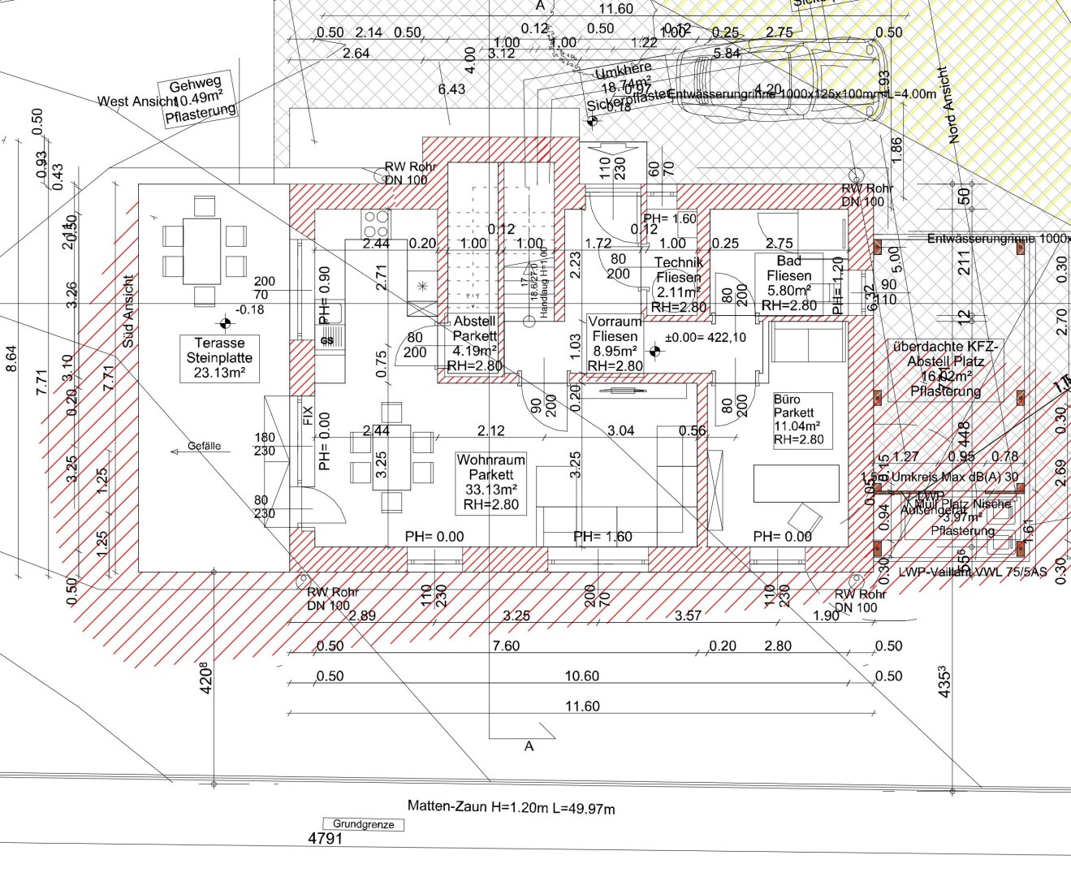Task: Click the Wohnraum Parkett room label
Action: [x=490, y=482]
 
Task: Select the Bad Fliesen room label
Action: [x=788, y=283]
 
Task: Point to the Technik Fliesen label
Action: [x=679, y=284]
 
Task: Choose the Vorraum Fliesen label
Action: [x=615, y=343]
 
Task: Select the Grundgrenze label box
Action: [x=363, y=824]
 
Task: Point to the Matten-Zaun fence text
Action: [x=511, y=807]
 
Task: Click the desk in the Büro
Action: [x=796, y=483]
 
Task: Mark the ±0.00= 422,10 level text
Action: [x=705, y=338]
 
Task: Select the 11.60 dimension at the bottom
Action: [x=582, y=706]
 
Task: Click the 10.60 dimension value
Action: [x=582, y=676]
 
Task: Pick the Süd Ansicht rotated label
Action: [x=128, y=312]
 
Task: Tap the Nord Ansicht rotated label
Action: [x=948, y=106]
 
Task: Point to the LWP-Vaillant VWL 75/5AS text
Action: [x=972, y=572]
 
